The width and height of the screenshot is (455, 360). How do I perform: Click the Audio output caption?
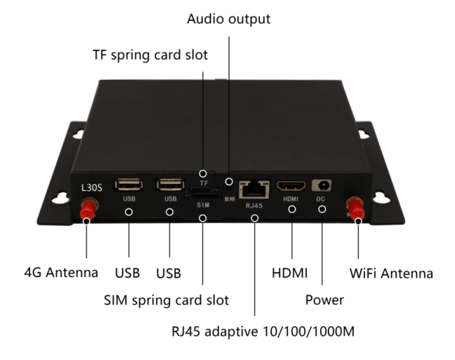click(x=228, y=20)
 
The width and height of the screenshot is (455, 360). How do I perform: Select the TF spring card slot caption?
click(x=150, y=55)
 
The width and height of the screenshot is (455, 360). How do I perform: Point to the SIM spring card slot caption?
click(x=166, y=300)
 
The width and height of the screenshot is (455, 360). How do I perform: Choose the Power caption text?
click(x=324, y=300)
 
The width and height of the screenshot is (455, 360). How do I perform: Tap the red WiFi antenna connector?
click(x=355, y=208)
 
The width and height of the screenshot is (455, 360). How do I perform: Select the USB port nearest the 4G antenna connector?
click(x=129, y=185)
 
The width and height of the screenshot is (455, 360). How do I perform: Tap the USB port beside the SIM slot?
click(x=170, y=185)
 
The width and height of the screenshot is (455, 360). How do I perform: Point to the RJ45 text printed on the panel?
click(x=253, y=206)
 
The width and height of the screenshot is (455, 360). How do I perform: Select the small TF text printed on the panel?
click(x=204, y=182)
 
